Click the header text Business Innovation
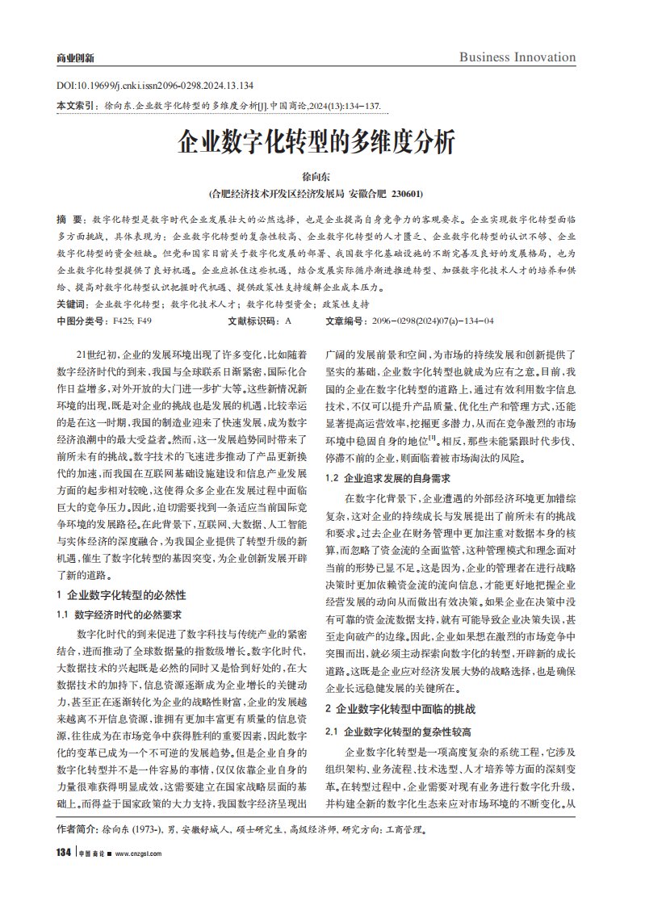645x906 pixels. tap(517, 57)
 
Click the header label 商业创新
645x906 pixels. tap(75, 58)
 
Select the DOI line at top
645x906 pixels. tap(156, 86)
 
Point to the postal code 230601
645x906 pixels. tap(406, 195)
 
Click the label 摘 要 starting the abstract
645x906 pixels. tap(69, 220)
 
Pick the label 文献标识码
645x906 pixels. tap(251, 321)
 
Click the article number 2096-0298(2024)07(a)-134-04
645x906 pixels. tap(432, 321)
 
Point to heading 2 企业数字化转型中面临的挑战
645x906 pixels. tap(400, 708)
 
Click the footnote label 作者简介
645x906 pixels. tap(75, 829)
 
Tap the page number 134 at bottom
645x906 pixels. tap(65, 854)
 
